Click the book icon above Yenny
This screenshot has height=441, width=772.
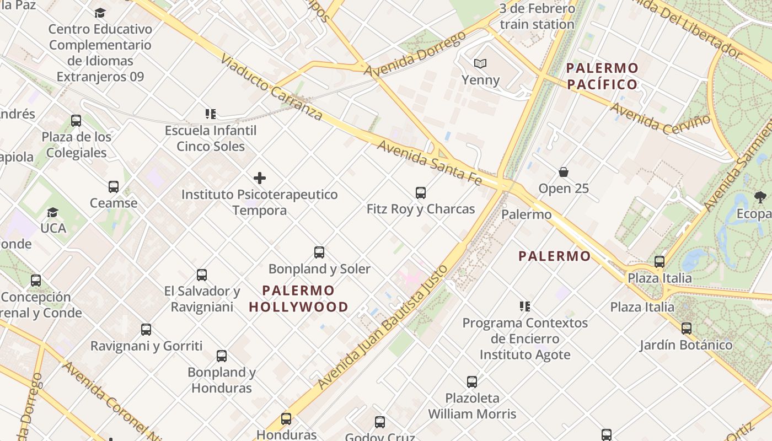(480, 63)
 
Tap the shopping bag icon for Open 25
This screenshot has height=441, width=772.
(564, 172)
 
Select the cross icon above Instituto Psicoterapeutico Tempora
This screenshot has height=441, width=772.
(260, 178)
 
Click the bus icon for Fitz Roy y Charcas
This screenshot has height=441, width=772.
(421, 193)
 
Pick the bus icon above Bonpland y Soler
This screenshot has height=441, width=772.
(319, 252)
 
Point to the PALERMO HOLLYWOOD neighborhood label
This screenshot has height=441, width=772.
(298, 299)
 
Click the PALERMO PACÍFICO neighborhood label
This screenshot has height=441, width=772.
(602, 77)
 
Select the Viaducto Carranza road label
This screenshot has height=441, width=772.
(271, 88)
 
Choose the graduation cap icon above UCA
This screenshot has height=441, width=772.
(53, 212)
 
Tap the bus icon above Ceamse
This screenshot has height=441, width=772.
(114, 187)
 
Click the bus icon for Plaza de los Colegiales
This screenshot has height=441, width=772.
(76, 121)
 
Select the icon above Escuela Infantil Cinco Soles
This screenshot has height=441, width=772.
(210, 114)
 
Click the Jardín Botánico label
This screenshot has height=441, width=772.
(686, 345)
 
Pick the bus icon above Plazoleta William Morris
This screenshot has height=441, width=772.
(472, 382)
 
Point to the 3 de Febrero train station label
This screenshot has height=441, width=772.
(537, 17)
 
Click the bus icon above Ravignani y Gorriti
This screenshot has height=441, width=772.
(146, 330)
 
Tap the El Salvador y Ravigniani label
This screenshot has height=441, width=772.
(202, 299)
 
